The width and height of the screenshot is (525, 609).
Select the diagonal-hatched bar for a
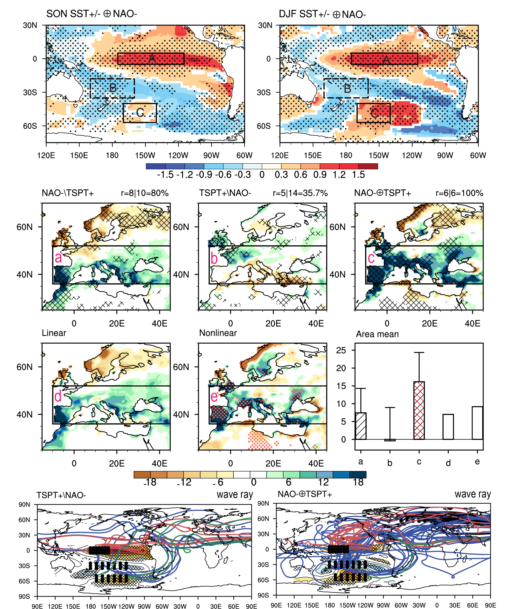point(361,426)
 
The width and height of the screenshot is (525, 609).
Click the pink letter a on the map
point(58,258)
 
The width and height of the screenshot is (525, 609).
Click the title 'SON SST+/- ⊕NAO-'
point(92,14)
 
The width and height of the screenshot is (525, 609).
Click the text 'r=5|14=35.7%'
point(300,193)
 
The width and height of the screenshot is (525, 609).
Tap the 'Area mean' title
point(377,334)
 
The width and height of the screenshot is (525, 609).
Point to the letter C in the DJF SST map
point(374,113)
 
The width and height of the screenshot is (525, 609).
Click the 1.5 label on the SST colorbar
point(358,175)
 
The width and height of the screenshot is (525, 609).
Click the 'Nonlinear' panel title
point(218,333)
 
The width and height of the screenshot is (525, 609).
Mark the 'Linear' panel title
point(54,333)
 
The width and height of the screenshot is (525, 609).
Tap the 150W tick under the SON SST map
point(145,155)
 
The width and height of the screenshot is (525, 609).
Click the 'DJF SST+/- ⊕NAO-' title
point(322,14)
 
